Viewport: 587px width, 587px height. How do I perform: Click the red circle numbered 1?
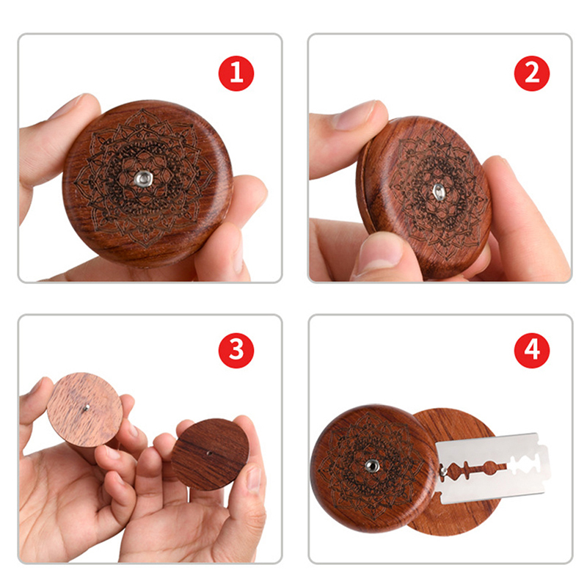(x=236, y=73)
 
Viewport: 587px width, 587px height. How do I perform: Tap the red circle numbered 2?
(x=531, y=73)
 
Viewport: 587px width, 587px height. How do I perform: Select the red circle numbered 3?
(x=236, y=351)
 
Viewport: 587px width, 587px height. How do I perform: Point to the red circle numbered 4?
(x=531, y=351)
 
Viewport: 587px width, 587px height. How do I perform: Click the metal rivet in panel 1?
(x=142, y=178)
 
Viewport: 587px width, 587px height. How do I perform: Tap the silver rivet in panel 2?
(x=439, y=192)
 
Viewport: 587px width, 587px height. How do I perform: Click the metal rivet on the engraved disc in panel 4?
(x=373, y=466)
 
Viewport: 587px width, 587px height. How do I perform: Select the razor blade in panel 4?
(x=492, y=467)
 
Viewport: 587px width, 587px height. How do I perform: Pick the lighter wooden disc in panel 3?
(x=85, y=409)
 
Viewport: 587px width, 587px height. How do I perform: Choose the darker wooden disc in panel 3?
(x=211, y=454)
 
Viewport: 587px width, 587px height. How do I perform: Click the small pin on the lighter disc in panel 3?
(x=86, y=408)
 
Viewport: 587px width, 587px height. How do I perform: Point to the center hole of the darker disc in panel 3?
(x=209, y=453)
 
